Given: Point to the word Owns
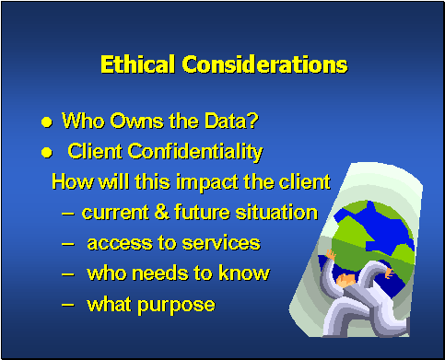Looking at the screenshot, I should pos(131,121).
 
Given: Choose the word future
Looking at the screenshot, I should pos(200,213).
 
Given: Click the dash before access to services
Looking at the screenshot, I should pos(71,244).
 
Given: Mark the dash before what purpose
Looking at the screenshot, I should pos(71,305).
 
